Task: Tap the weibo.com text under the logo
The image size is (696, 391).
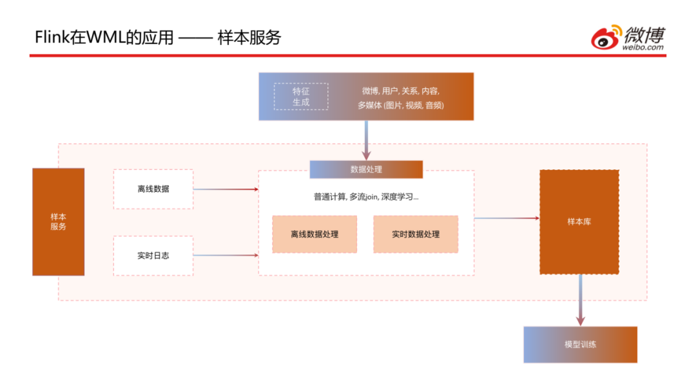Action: click(x=643, y=47)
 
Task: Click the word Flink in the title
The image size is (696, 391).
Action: click(x=52, y=37)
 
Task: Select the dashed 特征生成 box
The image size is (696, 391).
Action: click(x=301, y=97)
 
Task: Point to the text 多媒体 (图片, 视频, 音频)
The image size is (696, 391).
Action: click(x=401, y=105)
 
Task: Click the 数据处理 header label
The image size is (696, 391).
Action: click(x=366, y=169)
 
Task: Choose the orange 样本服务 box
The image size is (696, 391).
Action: click(x=58, y=222)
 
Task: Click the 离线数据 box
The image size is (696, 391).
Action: click(x=153, y=189)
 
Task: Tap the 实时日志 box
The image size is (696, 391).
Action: click(x=153, y=256)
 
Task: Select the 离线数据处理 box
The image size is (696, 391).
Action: click(x=314, y=234)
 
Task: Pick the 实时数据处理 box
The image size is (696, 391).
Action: click(x=416, y=234)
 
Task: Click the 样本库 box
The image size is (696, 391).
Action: click(x=579, y=222)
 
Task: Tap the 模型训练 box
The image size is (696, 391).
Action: click(x=580, y=345)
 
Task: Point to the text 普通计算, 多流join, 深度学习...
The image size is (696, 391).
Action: click(x=366, y=197)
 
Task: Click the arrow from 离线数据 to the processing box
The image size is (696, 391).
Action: click(x=226, y=189)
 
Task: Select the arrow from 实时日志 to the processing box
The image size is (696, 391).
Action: click(x=226, y=256)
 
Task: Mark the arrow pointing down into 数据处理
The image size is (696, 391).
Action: click(x=366, y=140)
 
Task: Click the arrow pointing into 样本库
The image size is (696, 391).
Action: click(x=507, y=218)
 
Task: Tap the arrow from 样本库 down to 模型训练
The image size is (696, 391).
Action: click(x=581, y=300)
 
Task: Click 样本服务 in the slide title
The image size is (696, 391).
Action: click(x=250, y=37)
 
